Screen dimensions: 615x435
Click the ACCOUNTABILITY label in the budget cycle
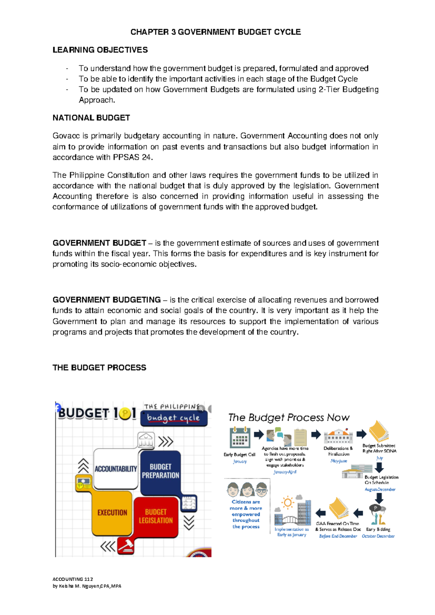tap(116, 469)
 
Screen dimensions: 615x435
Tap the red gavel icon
tap(126, 546)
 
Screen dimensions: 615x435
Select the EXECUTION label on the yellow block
tap(112, 512)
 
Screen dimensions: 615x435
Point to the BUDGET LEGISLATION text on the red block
tap(156, 516)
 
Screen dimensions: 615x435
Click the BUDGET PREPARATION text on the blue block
tap(161, 471)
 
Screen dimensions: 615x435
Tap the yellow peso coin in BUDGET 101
tap(125, 414)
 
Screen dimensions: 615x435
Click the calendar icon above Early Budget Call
tap(240, 438)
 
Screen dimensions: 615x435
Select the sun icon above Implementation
tap(288, 503)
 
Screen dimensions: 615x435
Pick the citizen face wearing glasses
tap(261, 490)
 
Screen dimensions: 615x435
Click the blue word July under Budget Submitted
tap(380, 458)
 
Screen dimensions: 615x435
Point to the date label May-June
tap(339, 461)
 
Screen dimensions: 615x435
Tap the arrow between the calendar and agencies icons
tap(259, 434)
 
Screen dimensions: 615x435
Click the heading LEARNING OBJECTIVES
tap(100, 50)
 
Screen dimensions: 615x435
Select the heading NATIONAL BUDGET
tap(91, 118)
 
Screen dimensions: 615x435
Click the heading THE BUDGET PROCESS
tap(99, 368)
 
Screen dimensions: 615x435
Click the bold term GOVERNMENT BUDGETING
tap(107, 300)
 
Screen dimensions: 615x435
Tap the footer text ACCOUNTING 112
tap(72, 579)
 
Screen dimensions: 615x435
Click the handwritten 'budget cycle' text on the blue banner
tap(173, 418)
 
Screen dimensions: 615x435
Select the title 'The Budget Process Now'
tap(289, 417)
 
